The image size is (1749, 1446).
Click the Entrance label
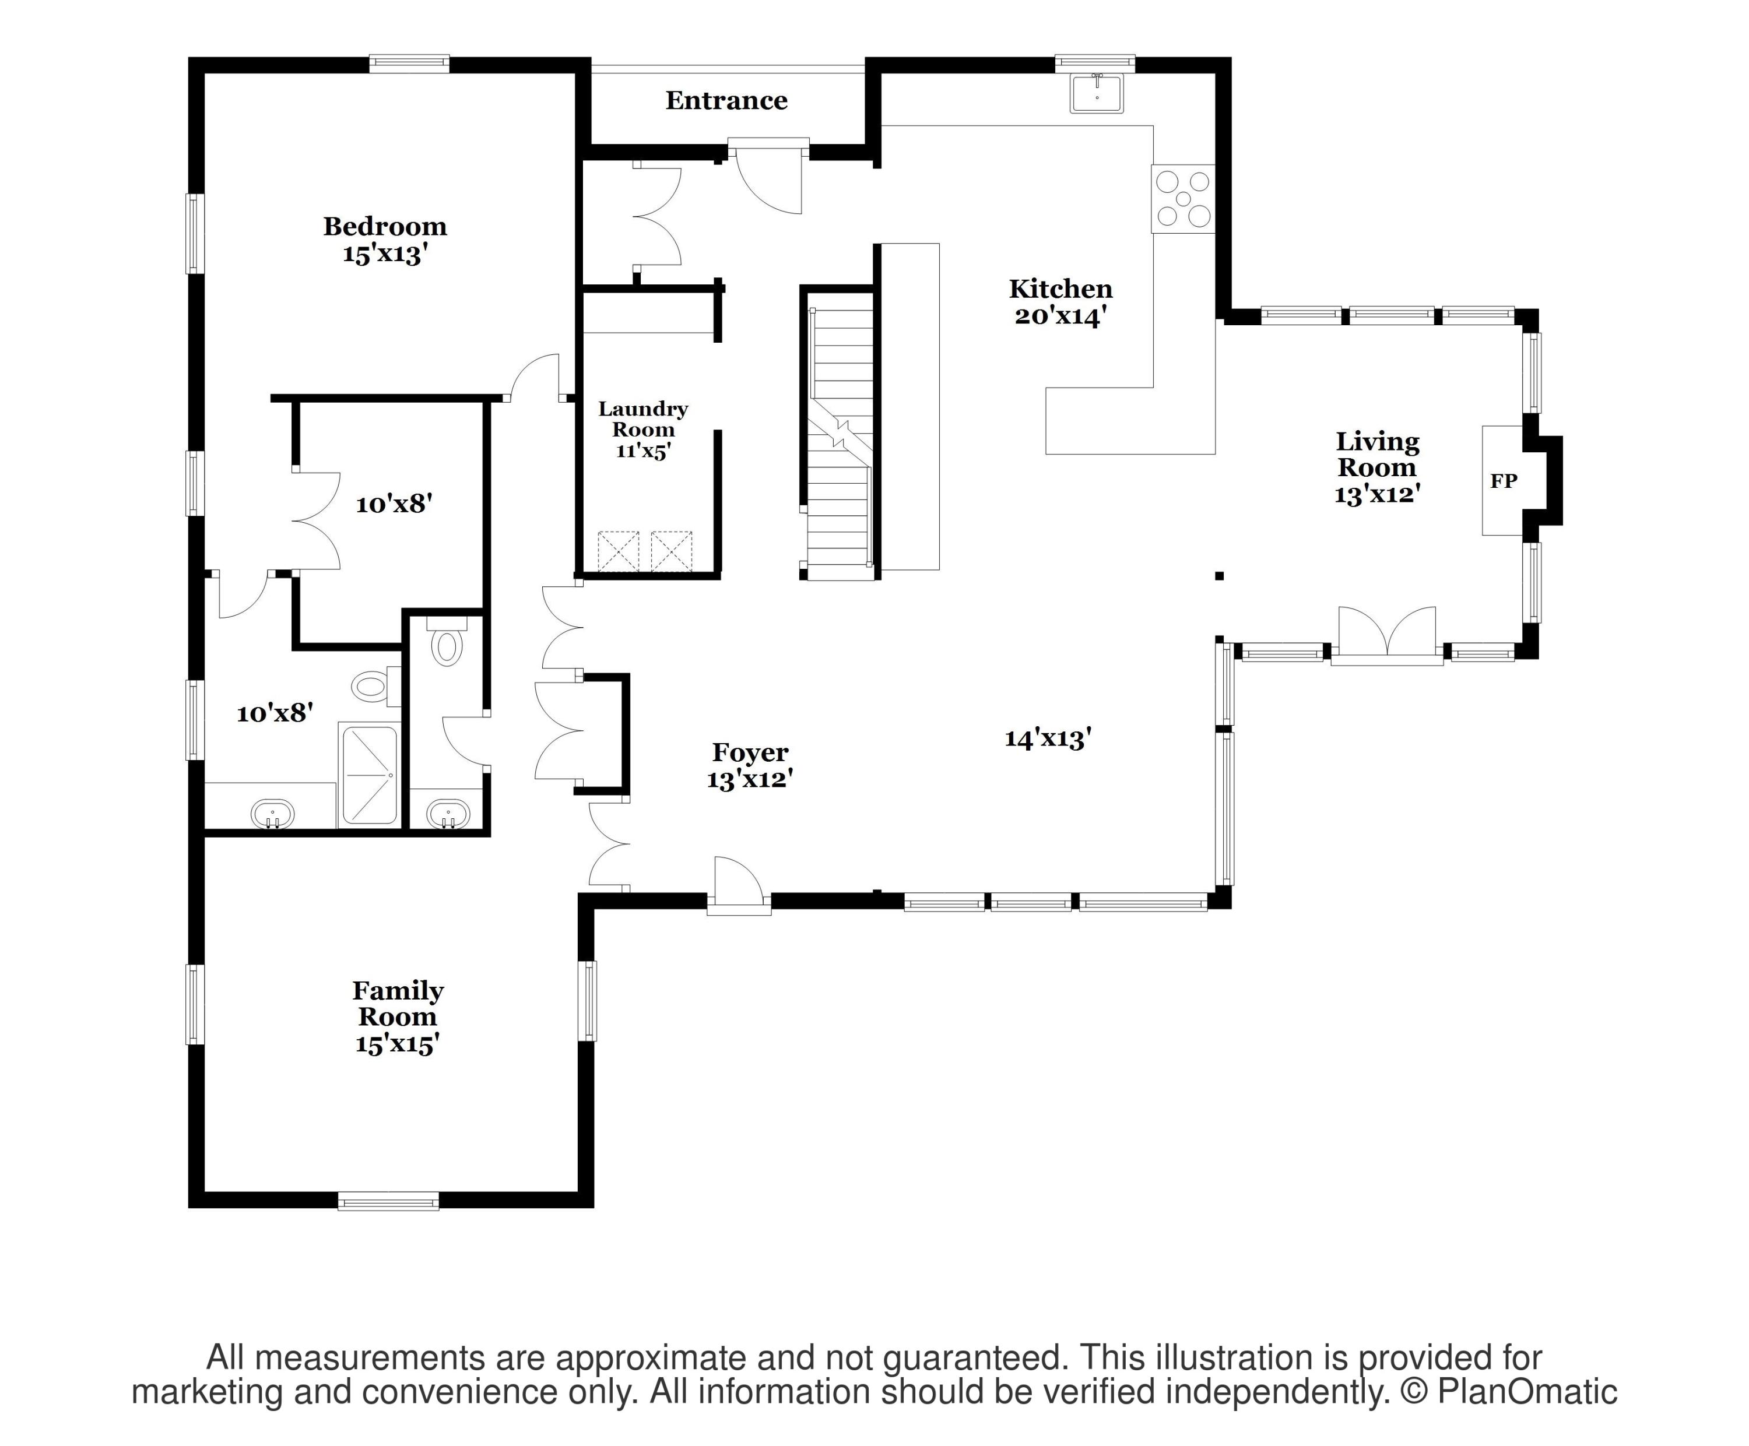[726, 101]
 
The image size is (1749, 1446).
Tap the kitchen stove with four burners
[1183, 199]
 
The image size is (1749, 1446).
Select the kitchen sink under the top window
[1097, 93]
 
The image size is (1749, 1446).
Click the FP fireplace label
[1504, 481]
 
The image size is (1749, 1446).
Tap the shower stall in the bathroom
[368, 776]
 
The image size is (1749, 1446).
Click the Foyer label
[750, 752]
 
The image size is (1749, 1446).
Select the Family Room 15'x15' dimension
[397, 1044]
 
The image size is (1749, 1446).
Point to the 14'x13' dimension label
[1048, 738]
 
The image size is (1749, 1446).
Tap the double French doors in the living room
[1387, 636]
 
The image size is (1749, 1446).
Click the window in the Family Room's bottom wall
[388, 1201]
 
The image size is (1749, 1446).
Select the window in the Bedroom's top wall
[410, 64]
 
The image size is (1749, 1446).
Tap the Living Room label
[1378, 455]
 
